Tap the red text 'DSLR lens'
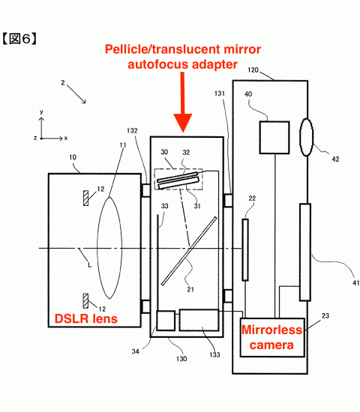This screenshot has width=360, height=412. pyautogui.click(x=85, y=318)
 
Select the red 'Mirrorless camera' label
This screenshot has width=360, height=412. pyautogui.click(x=271, y=337)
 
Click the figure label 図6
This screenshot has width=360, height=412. pyautogui.click(x=19, y=39)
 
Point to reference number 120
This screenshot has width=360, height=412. pyautogui.click(x=253, y=70)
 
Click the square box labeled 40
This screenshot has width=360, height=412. pyautogui.click(x=274, y=137)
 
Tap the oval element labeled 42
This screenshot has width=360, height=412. pyautogui.click(x=307, y=137)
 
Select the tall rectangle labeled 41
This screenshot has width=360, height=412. pyautogui.click(x=305, y=252)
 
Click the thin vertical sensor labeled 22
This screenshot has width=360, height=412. pyautogui.click(x=245, y=249)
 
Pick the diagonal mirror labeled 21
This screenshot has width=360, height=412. pyautogui.click(x=189, y=251)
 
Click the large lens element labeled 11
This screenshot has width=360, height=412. pyautogui.click(x=109, y=248)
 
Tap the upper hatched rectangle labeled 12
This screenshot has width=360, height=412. pyautogui.click(x=85, y=198)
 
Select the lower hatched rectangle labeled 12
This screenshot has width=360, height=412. pyautogui.click(x=85, y=301)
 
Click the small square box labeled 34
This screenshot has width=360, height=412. pyautogui.click(x=166, y=321)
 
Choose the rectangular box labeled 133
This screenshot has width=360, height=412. pyautogui.click(x=199, y=320)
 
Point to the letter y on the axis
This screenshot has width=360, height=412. pyautogui.click(x=41, y=112)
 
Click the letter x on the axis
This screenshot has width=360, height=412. pyautogui.click(x=66, y=138)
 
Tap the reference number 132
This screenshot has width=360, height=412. pyautogui.click(x=132, y=130)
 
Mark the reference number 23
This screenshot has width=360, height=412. pyautogui.click(x=325, y=315)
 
